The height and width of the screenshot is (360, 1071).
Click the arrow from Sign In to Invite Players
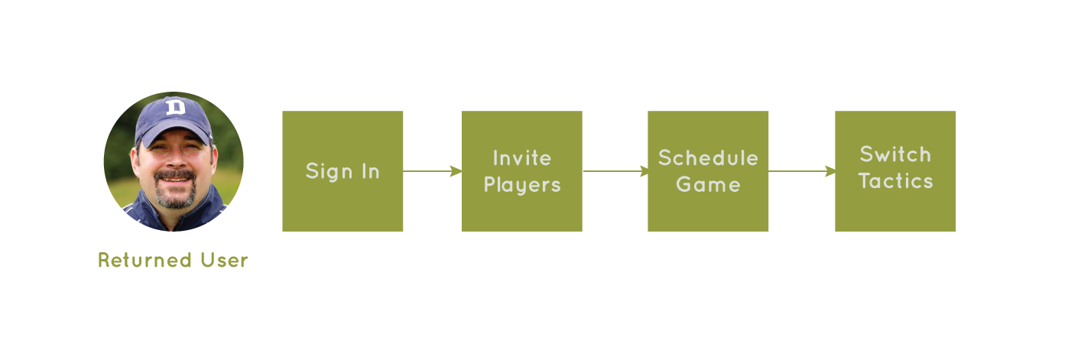(433, 171)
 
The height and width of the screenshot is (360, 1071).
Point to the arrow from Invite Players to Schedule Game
(615, 171)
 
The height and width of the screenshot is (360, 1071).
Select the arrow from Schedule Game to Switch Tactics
(802, 171)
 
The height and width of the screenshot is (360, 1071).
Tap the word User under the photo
(225, 261)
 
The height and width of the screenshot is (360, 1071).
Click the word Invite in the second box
(522, 158)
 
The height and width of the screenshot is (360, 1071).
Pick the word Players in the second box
(522, 186)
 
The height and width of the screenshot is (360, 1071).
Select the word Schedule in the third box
(708, 158)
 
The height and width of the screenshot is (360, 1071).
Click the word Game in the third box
(708, 185)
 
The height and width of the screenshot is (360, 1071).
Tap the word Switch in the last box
(895, 154)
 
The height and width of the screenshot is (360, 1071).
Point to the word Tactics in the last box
(895, 181)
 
